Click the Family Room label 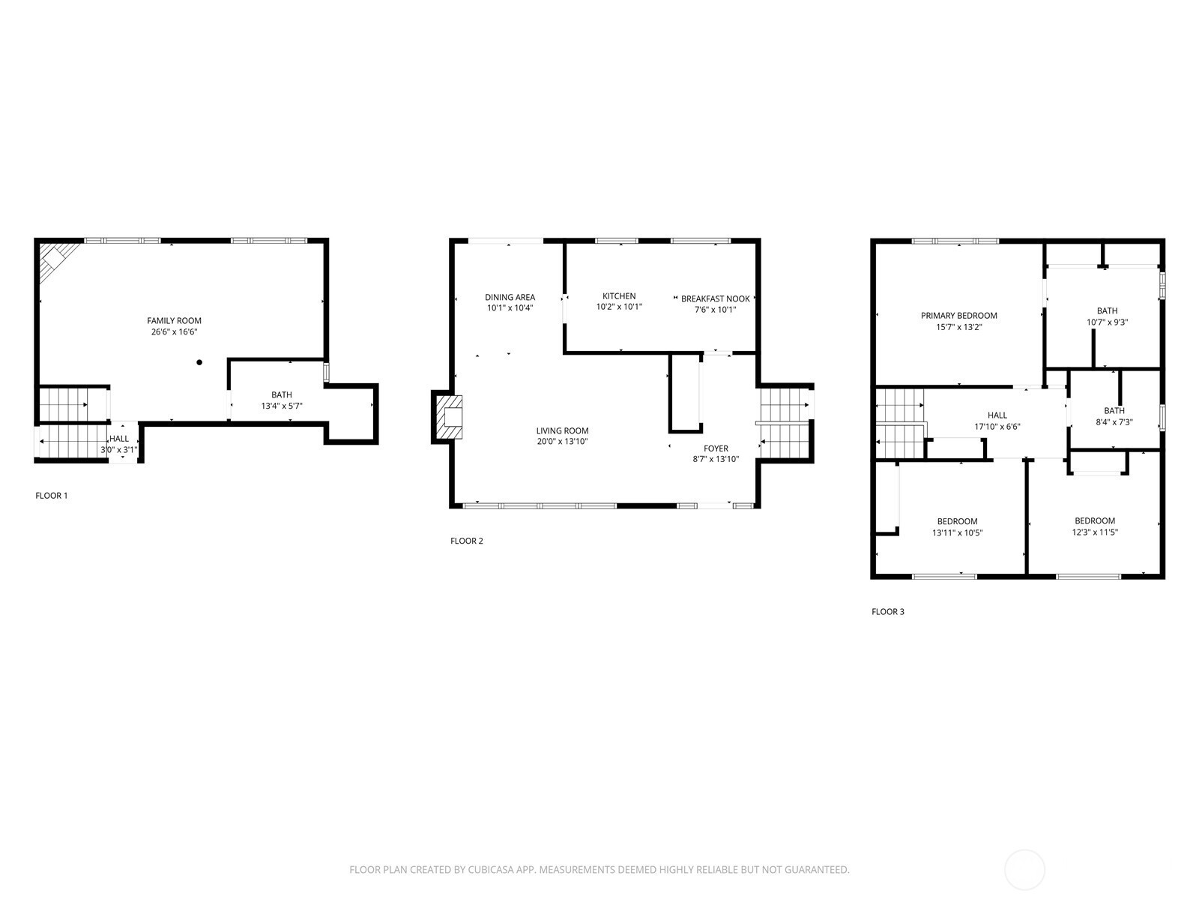tap(174, 321)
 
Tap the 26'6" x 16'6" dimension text tap(174, 332)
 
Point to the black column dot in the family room tap(199, 362)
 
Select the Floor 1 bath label tap(281, 394)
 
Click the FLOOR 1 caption tap(52, 496)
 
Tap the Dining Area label tap(510, 297)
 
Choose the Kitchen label tap(619, 296)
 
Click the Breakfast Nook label tap(715, 299)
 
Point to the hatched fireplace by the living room tap(448, 417)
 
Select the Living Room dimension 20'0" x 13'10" tap(562, 442)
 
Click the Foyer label tap(716, 448)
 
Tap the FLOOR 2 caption tap(467, 541)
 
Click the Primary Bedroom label tap(958, 315)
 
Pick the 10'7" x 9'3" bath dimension tap(1107, 322)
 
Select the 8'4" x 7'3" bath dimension tap(1114, 422)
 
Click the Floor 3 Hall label tap(997, 415)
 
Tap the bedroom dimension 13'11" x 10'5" tap(957, 532)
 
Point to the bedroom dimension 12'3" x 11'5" tap(1095, 532)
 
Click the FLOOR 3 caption tap(888, 612)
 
